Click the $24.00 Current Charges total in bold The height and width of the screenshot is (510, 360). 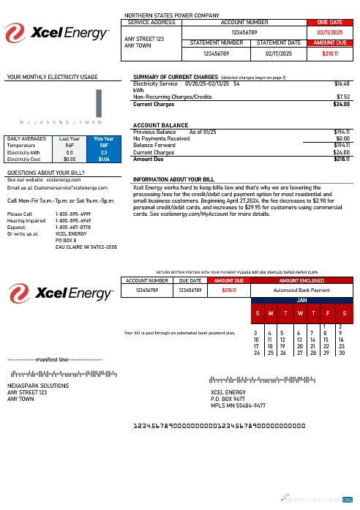point(340,105)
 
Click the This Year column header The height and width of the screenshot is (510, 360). point(104,138)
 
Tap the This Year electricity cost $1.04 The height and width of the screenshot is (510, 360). point(104,158)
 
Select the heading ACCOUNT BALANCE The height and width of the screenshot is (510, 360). point(161,125)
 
